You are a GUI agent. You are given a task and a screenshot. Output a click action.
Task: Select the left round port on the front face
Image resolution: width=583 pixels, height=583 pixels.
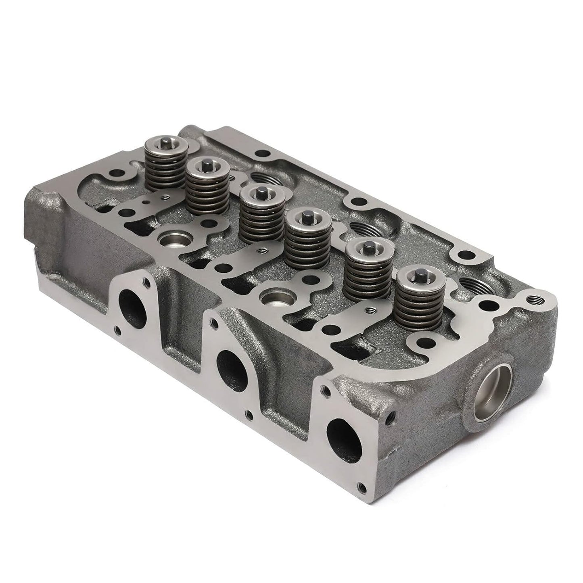click(132, 305)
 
